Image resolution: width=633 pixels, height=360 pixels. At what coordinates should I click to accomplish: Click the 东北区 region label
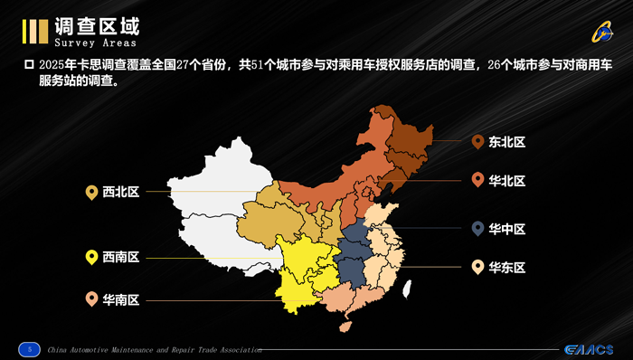(x=507, y=142)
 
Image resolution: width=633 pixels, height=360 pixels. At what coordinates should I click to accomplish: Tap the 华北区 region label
(x=507, y=180)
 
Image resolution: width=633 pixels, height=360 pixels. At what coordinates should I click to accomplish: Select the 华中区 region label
(x=507, y=229)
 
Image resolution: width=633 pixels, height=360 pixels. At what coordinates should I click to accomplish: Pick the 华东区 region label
(x=507, y=267)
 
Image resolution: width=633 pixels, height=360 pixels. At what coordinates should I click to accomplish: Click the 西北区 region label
(x=120, y=192)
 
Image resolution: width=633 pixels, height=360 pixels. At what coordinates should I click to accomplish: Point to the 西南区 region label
(x=120, y=258)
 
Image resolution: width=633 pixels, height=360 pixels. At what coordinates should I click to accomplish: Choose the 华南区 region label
(x=120, y=299)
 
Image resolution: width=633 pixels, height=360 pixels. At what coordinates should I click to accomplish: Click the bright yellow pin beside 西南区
(x=91, y=257)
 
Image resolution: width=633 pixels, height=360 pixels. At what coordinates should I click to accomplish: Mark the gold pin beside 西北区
(x=91, y=191)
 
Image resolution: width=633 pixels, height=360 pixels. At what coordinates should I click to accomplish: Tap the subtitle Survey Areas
(x=96, y=43)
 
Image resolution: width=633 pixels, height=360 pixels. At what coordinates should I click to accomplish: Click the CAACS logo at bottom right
(x=588, y=349)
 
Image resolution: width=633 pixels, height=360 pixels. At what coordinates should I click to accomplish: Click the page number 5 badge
(x=30, y=348)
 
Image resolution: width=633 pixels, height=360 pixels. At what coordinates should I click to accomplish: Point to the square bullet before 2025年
(x=28, y=66)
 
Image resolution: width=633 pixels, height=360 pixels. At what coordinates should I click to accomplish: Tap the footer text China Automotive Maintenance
(x=154, y=349)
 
